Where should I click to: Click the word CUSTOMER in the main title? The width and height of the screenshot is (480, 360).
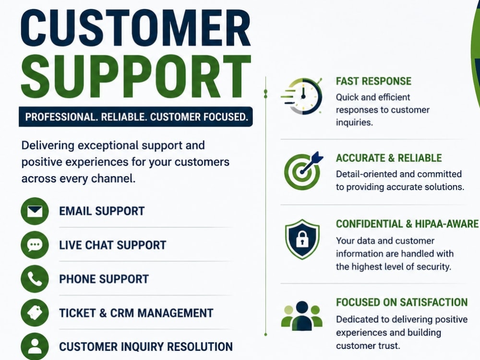tap(136, 28)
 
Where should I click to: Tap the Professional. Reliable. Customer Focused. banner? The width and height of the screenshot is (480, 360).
tap(136, 117)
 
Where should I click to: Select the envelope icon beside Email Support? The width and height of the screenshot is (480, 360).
tap(35, 211)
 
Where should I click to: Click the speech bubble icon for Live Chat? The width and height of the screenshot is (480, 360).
tap(35, 245)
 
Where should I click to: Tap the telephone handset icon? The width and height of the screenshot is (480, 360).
tap(35, 279)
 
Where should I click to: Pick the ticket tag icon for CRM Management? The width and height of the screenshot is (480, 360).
tap(35, 313)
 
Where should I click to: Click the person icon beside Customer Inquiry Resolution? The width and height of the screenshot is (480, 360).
tap(35, 346)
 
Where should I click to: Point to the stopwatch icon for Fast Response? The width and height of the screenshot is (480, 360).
tap(302, 96)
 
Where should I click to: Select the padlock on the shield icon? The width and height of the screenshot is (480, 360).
tap(302, 239)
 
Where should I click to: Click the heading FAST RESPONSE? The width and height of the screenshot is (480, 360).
tap(373, 81)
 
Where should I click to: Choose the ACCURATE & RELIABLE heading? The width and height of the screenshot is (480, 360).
tap(389, 158)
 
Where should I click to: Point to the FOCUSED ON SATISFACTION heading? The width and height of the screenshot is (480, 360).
tap(402, 302)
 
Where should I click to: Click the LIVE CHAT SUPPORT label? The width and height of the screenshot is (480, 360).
tap(112, 245)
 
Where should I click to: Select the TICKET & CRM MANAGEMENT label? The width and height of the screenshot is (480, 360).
tap(136, 313)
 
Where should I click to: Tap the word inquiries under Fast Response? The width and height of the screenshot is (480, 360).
tap(354, 123)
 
